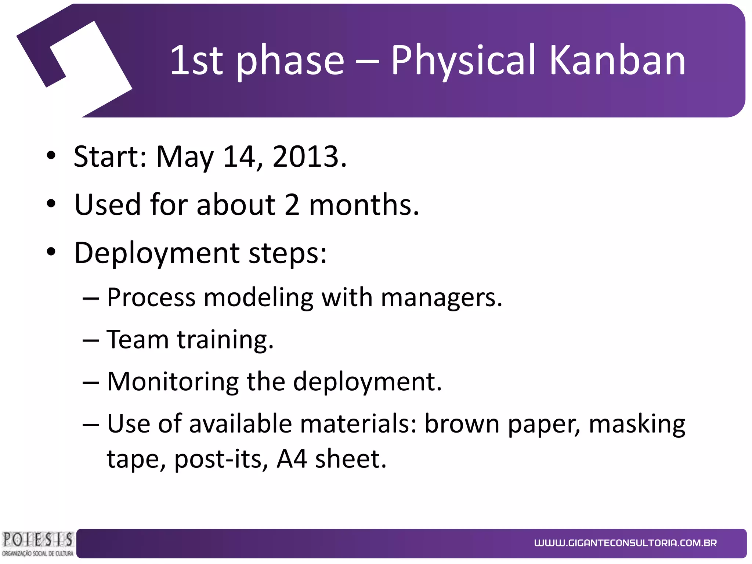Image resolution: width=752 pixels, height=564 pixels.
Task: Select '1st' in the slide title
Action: [196, 60]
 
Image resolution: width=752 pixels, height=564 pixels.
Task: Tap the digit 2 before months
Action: [292, 205]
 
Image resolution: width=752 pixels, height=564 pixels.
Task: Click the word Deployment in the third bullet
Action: [157, 253]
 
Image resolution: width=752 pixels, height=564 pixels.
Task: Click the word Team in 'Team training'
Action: [138, 339]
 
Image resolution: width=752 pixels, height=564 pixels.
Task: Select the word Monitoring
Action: [173, 382]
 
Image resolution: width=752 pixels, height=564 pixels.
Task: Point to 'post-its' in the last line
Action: [218, 459]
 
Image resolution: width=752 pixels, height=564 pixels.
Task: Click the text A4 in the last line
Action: [292, 459]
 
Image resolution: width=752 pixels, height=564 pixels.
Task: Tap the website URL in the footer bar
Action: [625, 543]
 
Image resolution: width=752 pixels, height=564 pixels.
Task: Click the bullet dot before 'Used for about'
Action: [51, 204]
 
